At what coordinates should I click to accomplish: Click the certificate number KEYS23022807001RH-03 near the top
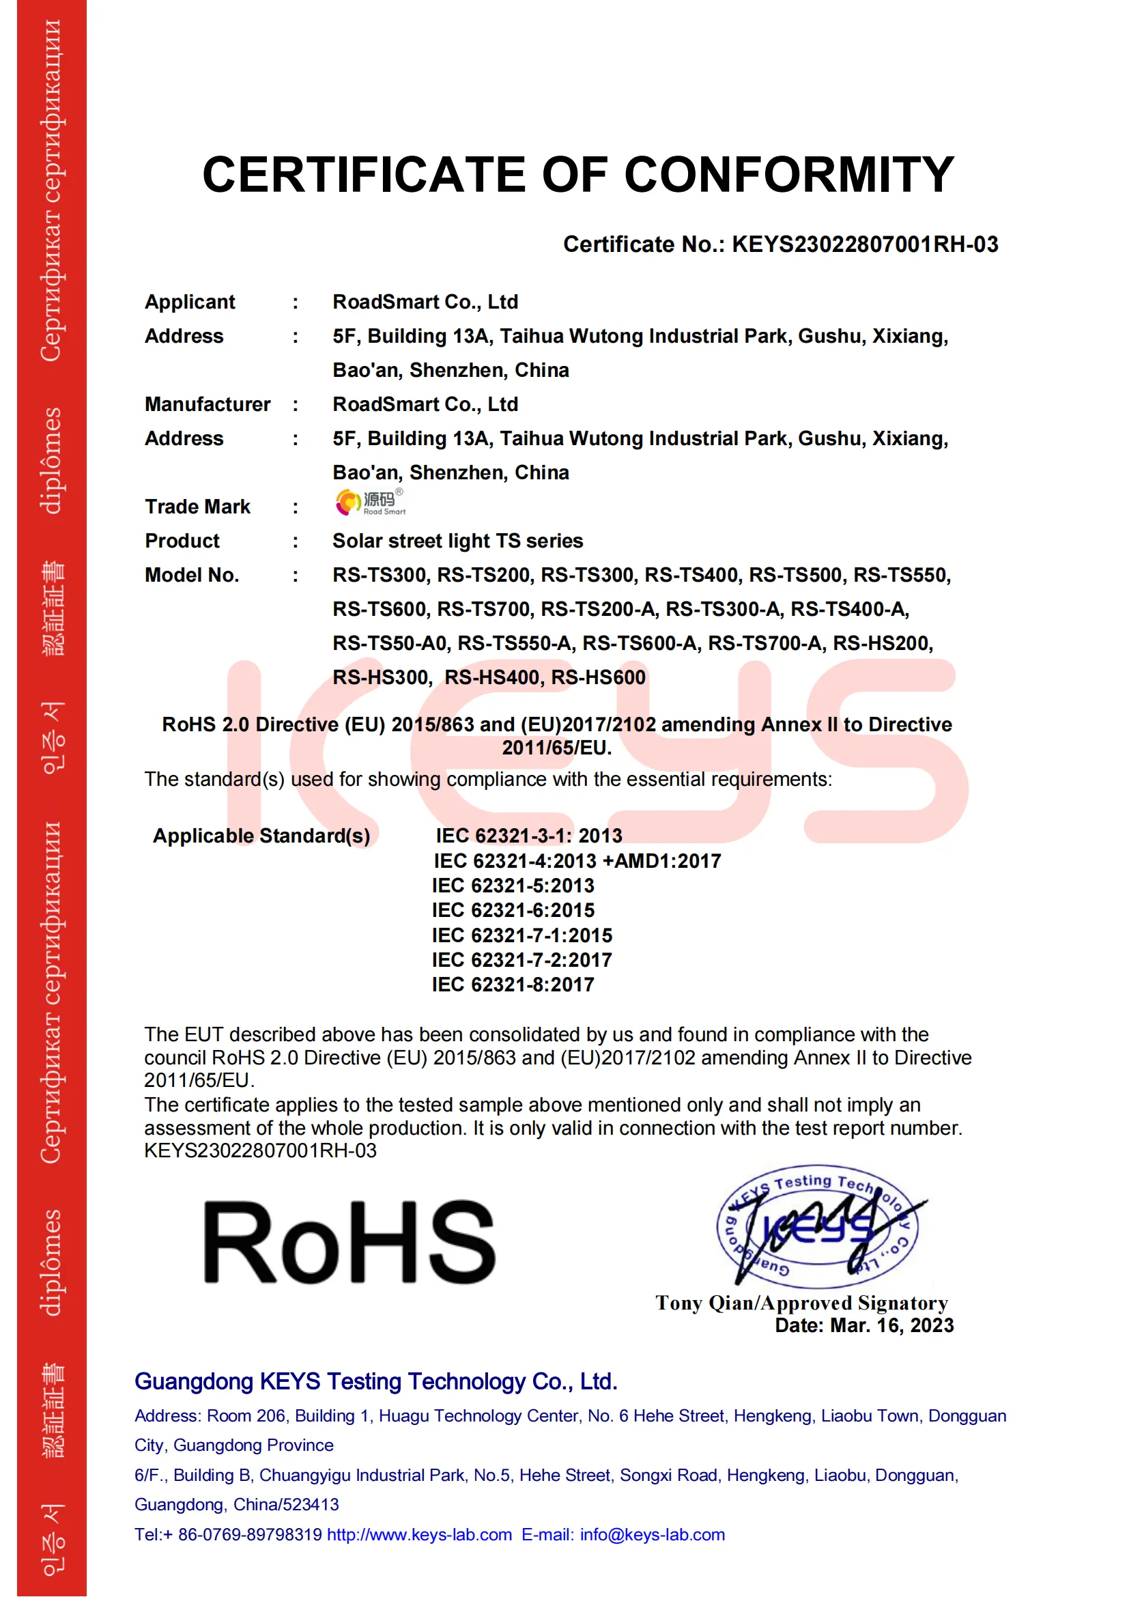pyautogui.click(x=865, y=245)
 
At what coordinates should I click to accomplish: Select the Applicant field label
pyautogui.click(x=190, y=302)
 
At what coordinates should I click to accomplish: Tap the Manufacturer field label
pyautogui.click(x=208, y=404)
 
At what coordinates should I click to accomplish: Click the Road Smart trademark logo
pyautogui.click(x=370, y=503)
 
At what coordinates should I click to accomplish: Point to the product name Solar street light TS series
pyautogui.click(x=457, y=541)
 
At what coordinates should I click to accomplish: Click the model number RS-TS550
pyautogui.click(x=901, y=575)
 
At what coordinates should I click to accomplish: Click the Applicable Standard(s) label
pyautogui.click(x=261, y=836)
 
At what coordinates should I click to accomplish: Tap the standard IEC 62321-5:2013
pyautogui.click(x=513, y=886)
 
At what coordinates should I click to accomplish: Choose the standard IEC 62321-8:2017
pyautogui.click(x=513, y=985)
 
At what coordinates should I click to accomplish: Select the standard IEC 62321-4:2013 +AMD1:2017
pyautogui.click(x=577, y=862)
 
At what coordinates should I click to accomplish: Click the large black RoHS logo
pyautogui.click(x=349, y=1242)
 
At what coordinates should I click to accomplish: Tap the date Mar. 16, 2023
pyautogui.click(x=891, y=1326)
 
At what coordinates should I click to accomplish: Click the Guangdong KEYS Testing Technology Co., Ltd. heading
pyautogui.click(x=376, y=1382)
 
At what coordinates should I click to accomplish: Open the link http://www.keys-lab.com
pyautogui.click(x=419, y=1535)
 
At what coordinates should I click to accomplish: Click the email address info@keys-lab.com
pyautogui.click(x=652, y=1535)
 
